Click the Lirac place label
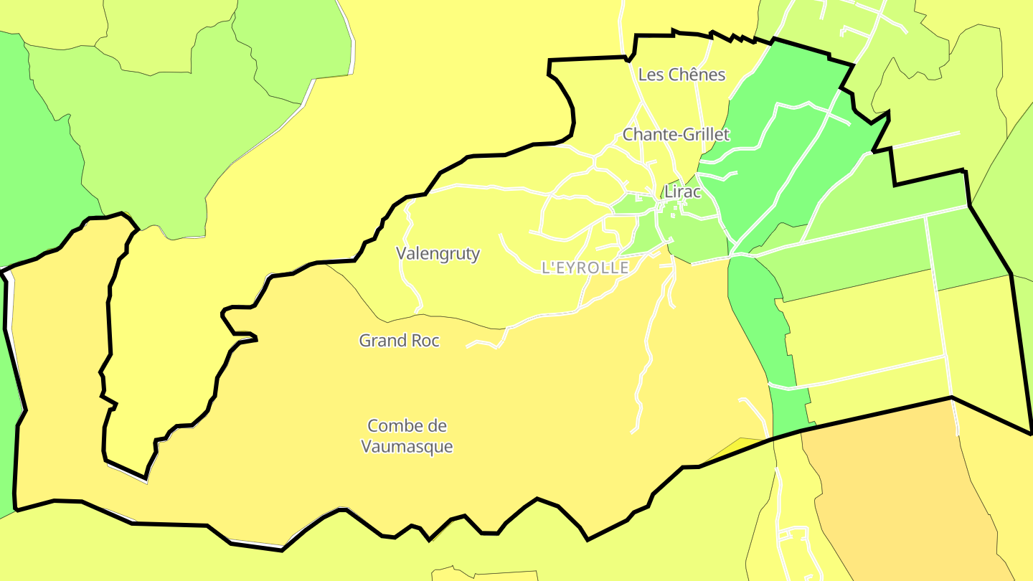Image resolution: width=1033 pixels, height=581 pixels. (x=682, y=192)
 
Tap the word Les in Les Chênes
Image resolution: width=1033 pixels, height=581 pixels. (x=651, y=75)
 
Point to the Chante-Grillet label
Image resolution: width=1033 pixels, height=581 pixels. (x=676, y=134)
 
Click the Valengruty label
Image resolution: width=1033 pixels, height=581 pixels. (x=438, y=253)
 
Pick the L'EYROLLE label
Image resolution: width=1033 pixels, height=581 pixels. (x=585, y=268)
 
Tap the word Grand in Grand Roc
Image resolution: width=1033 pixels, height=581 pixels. (x=383, y=341)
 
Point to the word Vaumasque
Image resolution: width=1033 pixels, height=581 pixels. (x=407, y=446)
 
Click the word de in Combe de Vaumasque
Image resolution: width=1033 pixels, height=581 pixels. (x=437, y=426)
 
